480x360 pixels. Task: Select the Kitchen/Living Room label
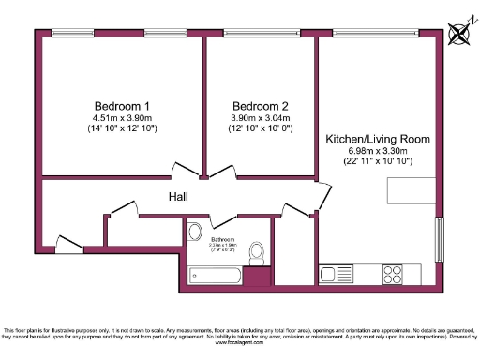(x=378, y=139)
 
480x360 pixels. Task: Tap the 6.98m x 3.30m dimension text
(x=378, y=151)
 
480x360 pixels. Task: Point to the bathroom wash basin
(x=196, y=232)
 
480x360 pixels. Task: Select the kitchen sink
(x=332, y=274)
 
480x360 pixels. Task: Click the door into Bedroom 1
(x=184, y=172)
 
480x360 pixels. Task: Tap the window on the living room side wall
(x=439, y=242)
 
